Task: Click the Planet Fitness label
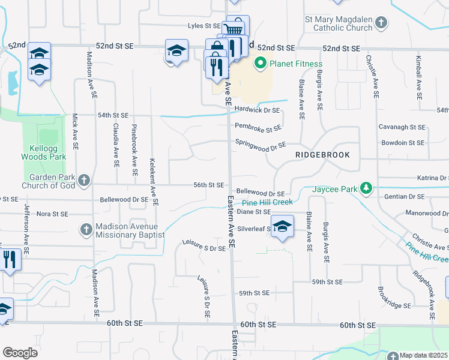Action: (x=295, y=64)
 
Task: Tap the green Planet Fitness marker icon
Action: (x=261, y=63)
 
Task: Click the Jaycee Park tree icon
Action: (x=366, y=189)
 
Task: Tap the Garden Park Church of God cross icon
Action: (x=85, y=180)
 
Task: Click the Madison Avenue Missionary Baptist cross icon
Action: (x=86, y=229)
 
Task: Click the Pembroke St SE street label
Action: (x=258, y=127)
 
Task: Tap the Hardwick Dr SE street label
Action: (x=257, y=110)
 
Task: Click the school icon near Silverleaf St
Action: (x=282, y=226)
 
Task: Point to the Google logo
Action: (x=20, y=353)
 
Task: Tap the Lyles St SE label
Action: (x=204, y=26)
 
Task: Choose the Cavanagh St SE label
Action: (x=402, y=127)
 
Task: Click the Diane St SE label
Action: (x=254, y=212)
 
